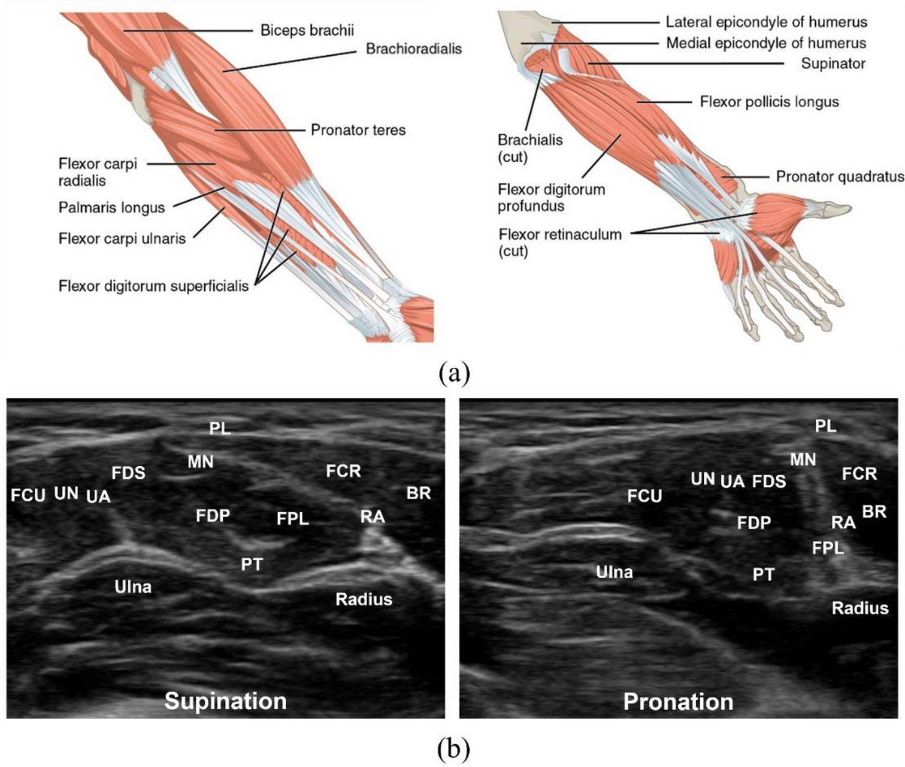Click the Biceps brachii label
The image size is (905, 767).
pos(307,30)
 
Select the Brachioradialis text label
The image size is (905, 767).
pos(413,49)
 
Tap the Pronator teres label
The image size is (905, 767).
pos(358,129)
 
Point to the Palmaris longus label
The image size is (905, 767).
pos(111,207)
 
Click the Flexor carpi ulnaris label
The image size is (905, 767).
pos(122,238)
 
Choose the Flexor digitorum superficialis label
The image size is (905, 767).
pos(153,286)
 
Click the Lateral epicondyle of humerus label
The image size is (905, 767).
pos(766,22)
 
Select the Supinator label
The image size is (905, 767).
pos(833,63)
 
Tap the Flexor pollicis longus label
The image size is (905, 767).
pos(769,102)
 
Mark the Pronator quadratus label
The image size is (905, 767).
pos(840,177)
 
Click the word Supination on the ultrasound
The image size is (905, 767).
pos(225,701)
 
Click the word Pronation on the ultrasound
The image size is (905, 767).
pos(678,702)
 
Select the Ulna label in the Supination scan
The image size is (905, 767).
pos(133,587)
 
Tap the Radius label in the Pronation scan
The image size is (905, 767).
pos(859,608)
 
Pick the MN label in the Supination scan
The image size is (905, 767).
pos(200,462)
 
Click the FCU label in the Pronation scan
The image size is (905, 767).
pos(644,496)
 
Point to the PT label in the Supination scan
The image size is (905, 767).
pos(252,564)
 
